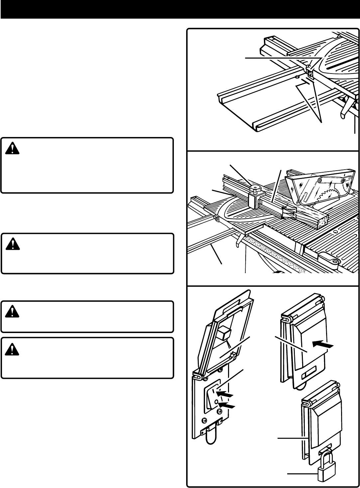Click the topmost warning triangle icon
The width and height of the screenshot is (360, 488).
click(12, 149)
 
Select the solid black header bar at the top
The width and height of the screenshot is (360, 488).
click(180, 9)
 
